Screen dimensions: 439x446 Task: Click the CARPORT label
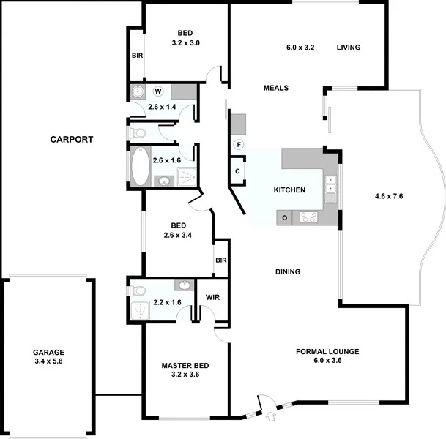click(71, 139)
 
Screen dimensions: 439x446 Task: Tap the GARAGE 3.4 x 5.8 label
click(48, 356)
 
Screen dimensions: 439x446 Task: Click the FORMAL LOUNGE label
click(327, 352)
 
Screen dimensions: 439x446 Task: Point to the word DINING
click(288, 272)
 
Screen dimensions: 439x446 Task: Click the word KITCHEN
click(289, 190)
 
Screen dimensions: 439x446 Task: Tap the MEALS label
click(276, 88)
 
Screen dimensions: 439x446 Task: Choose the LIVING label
click(349, 48)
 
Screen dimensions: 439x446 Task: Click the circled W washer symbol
click(158, 91)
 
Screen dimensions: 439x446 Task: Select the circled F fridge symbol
click(238, 144)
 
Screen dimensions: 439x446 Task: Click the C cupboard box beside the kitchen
click(238, 171)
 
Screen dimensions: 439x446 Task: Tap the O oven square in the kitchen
click(283, 217)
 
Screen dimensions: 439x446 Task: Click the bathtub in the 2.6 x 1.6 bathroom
click(140, 167)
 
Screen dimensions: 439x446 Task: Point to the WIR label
click(212, 298)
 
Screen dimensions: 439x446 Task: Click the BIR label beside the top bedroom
click(137, 56)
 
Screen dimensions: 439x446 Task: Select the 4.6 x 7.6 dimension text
click(390, 196)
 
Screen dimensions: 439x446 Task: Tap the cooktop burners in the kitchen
click(308, 217)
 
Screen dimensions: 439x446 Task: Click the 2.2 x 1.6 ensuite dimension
click(167, 302)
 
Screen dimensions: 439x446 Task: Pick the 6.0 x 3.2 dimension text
click(300, 48)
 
